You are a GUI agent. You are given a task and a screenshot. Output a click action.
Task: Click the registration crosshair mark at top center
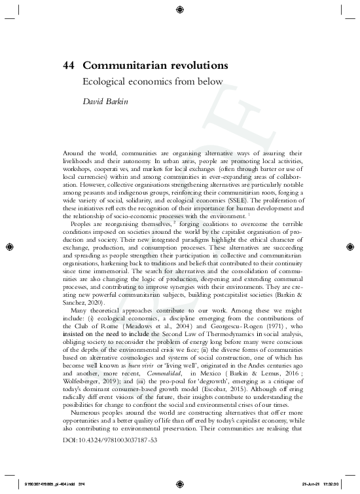click(x=179, y=9)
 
